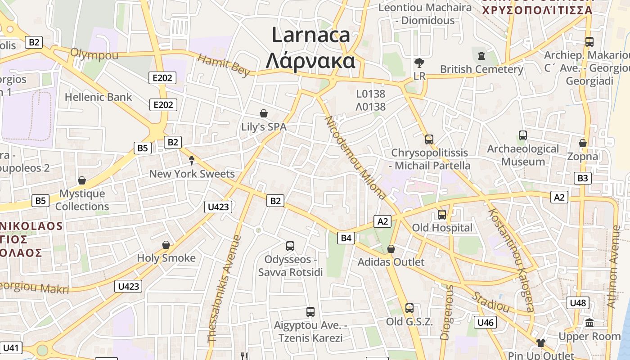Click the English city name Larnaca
310,35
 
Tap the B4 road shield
346,238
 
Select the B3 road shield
583,178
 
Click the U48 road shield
578,302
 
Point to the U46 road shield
486,322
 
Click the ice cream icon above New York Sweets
192,160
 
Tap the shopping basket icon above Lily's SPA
264,114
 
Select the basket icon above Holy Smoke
166,245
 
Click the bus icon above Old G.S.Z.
409,308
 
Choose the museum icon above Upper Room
589,323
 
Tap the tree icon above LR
419,63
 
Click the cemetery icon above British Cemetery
481,56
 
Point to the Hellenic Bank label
99,97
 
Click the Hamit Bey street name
224,65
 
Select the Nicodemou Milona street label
355,157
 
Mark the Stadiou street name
490,302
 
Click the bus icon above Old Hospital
442,215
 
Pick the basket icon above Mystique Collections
82,180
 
